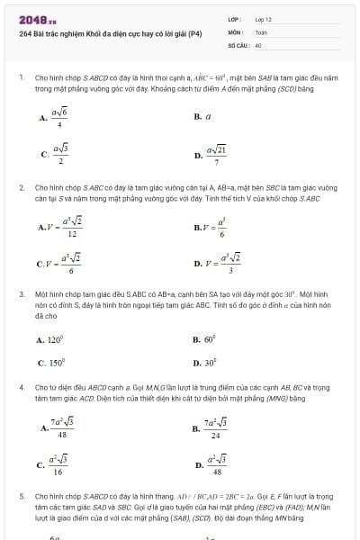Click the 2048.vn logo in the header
tap(37, 19)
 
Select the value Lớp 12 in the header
tap(263, 19)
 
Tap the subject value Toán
tap(261, 31)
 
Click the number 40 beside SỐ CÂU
tap(258, 44)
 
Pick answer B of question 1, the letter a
tap(208, 116)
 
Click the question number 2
tap(22, 187)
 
